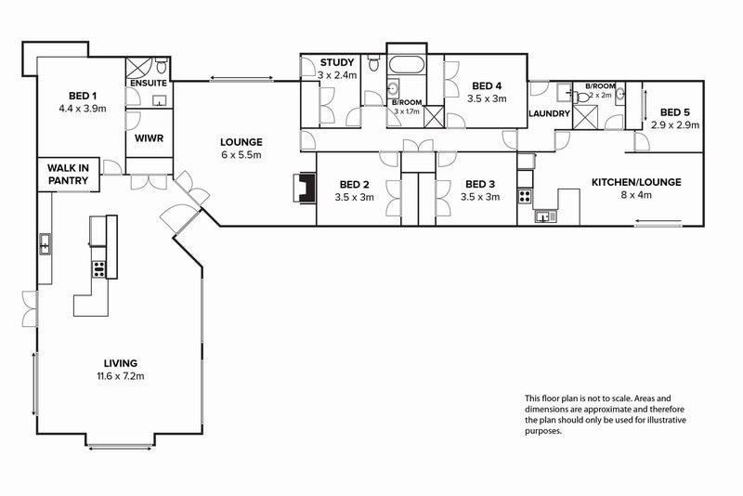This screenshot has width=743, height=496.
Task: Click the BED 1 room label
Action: click(83, 96)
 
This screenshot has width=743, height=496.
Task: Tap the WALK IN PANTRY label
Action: click(68, 175)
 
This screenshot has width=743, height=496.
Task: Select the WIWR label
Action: click(149, 138)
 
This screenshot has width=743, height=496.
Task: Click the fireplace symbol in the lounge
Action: click(306, 188)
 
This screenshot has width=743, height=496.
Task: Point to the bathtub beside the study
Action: click(406, 65)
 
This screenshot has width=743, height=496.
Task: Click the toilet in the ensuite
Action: click(162, 66)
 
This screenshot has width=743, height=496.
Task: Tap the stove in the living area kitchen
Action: click(98, 269)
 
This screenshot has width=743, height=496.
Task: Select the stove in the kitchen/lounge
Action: click(525, 196)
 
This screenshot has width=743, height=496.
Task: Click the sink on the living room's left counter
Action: click(45, 244)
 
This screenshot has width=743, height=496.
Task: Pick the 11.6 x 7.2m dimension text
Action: click(121, 376)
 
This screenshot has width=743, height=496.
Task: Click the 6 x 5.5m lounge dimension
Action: click(241, 155)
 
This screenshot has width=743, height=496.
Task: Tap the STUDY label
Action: click(337, 62)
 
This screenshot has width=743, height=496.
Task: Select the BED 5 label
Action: click(675, 112)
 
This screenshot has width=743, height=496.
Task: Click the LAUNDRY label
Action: click(549, 113)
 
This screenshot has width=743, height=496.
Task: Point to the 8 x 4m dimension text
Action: click(636, 195)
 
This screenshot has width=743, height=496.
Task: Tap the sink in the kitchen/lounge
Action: click(546, 216)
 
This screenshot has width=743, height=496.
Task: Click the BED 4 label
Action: click(487, 85)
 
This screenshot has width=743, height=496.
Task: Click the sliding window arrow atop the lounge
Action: click(241, 78)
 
